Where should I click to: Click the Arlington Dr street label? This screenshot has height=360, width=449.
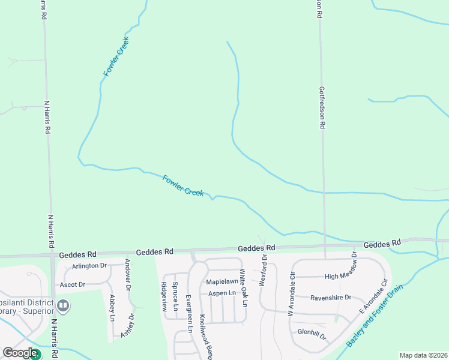tap(89, 266)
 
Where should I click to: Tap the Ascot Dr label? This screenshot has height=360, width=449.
tap(73, 284)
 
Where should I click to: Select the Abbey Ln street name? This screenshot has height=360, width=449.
tap(112, 308)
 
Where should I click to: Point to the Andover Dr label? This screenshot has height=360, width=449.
tap(128, 274)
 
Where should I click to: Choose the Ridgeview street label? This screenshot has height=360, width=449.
tap(163, 296)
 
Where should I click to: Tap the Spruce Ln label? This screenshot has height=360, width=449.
tap(175, 296)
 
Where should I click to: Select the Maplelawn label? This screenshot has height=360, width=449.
tap(222, 281)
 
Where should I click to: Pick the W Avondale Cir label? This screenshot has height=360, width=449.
tap(292, 295)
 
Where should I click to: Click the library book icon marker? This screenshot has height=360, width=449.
tap(62, 307)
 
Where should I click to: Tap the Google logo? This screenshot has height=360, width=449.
tap(20, 353)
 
